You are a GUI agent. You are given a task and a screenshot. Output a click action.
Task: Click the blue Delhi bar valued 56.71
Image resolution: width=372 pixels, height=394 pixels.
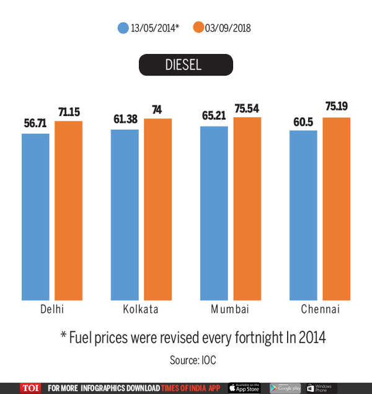(x=35, y=217)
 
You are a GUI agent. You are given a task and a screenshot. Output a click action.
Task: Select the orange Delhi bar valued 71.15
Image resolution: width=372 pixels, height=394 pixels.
(x=68, y=211)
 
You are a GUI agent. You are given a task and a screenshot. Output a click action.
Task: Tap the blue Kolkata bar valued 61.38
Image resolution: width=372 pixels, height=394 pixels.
(x=125, y=215)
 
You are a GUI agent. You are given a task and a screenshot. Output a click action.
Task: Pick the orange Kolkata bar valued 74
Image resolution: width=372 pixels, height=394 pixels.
(x=157, y=210)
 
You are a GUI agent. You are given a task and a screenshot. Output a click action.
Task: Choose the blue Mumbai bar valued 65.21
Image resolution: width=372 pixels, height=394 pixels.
(x=214, y=213)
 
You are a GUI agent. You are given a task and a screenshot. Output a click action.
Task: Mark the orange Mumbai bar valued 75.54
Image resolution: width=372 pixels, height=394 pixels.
(x=247, y=209)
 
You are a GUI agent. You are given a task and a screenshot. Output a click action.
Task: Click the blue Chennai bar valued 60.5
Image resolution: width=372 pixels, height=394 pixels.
(x=303, y=216)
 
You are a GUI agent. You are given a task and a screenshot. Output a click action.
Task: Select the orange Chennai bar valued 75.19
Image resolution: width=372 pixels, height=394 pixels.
(x=337, y=209)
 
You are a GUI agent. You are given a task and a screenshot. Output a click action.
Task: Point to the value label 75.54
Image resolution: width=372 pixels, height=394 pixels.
(x=247, y=110)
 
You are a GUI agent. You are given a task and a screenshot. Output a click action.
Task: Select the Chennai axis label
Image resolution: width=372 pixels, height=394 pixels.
(x=320, y=310)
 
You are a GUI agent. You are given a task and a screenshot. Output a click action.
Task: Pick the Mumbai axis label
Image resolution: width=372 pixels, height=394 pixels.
(x=230, y=310)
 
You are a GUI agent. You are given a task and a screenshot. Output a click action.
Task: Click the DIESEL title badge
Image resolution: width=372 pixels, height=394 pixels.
(x=185, y=65)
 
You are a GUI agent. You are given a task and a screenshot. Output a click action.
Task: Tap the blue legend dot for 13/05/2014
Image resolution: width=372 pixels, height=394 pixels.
(x=122, y=28)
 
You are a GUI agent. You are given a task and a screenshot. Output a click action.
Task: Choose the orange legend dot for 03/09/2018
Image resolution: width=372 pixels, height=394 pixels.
(x=199, y=28)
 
